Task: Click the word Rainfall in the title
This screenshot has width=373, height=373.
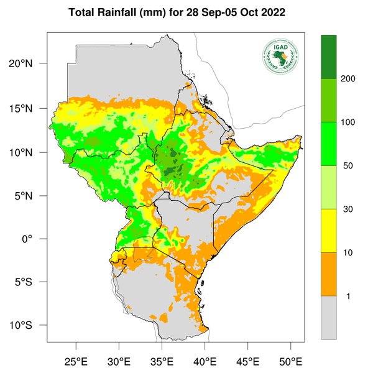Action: click(119, 13)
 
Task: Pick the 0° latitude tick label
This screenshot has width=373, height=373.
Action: click(37, 239)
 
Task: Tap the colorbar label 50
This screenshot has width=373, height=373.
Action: click(348, 166)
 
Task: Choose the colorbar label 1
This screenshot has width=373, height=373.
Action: click(346, 296)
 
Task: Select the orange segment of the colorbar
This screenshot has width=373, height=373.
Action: click(329, 274)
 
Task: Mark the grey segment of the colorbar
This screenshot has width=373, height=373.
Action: click(329, 317)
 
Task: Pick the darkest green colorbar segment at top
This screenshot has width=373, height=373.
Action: click(329, 57)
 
